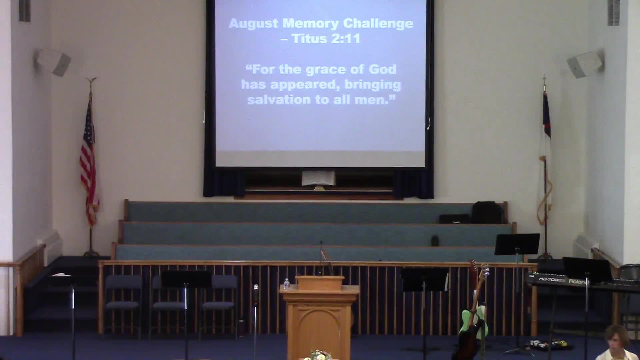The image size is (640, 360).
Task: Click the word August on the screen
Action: pyautogui.click(x=253, y=24)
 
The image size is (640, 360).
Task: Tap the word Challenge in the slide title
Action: pyautogui.click(x=378, y=23)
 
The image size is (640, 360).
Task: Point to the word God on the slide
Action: pyautogui.click(x=382, y=69)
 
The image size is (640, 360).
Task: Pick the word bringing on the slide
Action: pyautogui.click(x=372, y=85)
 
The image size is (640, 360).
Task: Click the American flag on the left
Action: pyautogui.click(x=89, y=163)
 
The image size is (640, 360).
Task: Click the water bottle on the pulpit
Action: pyautogui.click(x=286, y=284)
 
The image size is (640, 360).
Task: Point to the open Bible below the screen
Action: pyautogui.click(x=318, y=178)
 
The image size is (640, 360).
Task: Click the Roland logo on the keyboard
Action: pyautogui.click(x=578, y=282)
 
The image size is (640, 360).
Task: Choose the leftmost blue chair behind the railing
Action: pyautogui.click(x=123, y=293)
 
